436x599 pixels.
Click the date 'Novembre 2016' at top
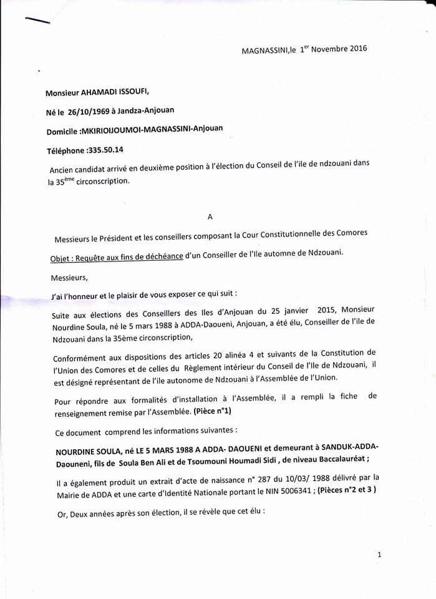tap(341, 47)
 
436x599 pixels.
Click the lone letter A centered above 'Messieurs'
tap(210, 217)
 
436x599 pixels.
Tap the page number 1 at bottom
tap(379, 555)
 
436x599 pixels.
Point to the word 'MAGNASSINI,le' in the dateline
tap(268, 51)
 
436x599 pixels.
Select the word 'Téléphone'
tap(64, 150)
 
